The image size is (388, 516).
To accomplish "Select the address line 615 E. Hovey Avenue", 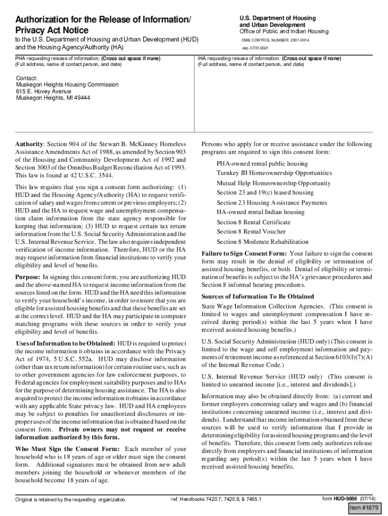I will (44, 92).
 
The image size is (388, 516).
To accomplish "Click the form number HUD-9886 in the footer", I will (349, 499).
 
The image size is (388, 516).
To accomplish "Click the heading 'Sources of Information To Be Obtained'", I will (257, 296).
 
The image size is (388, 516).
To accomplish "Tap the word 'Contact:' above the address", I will (27, 79).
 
